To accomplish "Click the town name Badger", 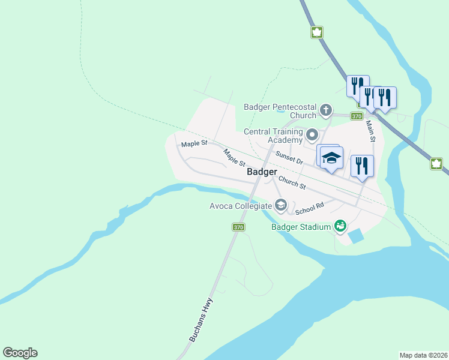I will pyautogui.click(x=262, y=172).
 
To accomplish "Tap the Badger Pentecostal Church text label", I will pyautogui.click(x=280, y=111).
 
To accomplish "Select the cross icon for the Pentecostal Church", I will pyautogui.click(x=325, y=110).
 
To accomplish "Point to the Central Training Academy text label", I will pyautogui.click(x=273, y=136).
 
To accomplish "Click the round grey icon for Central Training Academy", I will pyautogui.click(x=312, y=134).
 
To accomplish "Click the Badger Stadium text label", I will pyautogui.click(x=301, y=227).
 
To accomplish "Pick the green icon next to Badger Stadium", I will pyautogui.click(x=340, y=226).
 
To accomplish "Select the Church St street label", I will pyautogui.click(x=292, y=182).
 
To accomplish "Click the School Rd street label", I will pyautogui.click(x=309, y=208).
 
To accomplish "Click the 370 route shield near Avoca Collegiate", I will pyautogui.click(x=239, y=227).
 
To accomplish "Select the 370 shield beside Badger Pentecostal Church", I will pyautogui.click(x=357, y=116).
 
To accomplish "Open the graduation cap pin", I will pyautogui.click(x=331, y=158).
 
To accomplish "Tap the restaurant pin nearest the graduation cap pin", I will pyautogui.click(x=362, y=165).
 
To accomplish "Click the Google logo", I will pyautogui.click(x=20, y=353).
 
